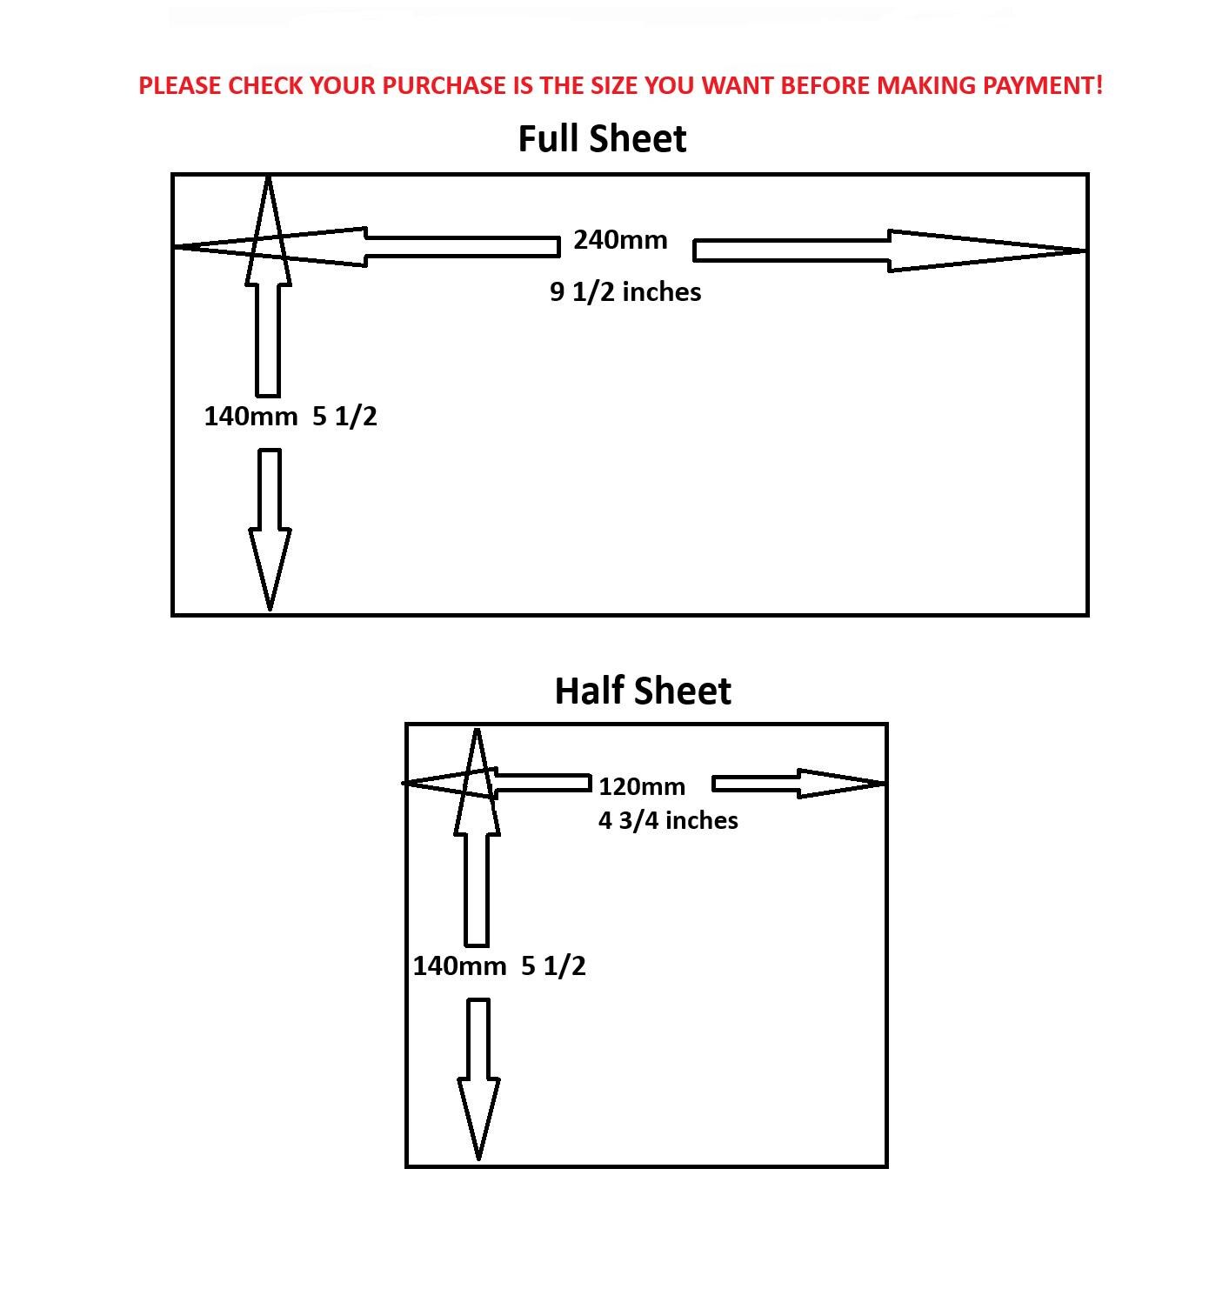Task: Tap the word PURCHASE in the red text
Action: click(444, 86)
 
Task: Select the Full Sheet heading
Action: click(602, 139)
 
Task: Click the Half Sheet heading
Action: click(643, 691)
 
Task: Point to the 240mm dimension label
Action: click(620, 240)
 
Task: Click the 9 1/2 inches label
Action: click(625, 292)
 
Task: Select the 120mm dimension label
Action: click(642, 786)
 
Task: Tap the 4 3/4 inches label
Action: click(668, 821)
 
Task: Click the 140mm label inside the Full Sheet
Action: click(250, 417)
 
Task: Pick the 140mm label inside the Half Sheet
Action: click(460, 966)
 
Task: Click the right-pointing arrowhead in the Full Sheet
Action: click(987, 250)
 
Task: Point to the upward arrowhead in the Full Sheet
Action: click(268, 230)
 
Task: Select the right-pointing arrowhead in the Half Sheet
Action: click(841, 784)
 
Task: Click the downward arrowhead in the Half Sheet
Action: click(478, 1119)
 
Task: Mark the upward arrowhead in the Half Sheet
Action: click(478, 782)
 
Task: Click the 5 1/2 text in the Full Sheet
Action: click(344, 417)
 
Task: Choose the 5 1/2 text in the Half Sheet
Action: click(553, 966)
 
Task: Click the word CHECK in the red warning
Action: click(265, 86)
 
